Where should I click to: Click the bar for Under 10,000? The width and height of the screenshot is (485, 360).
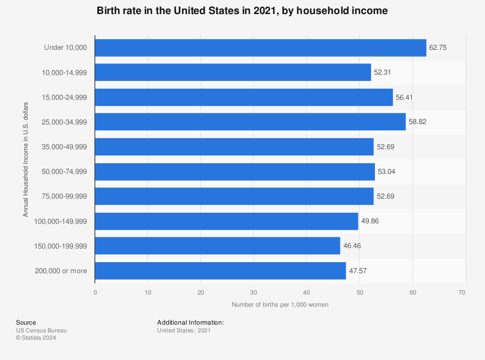click(x=260, y=47)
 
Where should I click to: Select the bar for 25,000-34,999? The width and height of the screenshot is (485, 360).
click(x=250, y=122)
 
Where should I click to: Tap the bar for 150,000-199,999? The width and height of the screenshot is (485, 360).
click(x=217, y=246)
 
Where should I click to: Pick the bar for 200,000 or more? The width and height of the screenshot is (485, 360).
click(x=220, y=271)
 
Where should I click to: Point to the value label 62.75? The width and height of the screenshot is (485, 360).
click(x=437, y=47)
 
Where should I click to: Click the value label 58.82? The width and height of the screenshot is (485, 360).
click(x=417, y=122)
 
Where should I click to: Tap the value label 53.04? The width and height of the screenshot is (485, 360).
click(x=387, y=172)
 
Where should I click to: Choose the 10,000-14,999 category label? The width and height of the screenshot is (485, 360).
click(x=65, y=72)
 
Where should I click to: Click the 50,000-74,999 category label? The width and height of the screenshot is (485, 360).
click(x=65, y=172)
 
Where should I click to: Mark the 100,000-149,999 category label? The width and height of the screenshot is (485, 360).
click(x=61, y=221)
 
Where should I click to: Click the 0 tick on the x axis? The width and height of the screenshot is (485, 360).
click(x=95, y=293)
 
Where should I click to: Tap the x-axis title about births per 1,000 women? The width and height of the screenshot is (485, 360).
click(x=280, y=305)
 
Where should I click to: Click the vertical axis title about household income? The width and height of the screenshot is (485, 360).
click(x=26, y=159)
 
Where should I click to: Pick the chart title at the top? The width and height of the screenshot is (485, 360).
click(x=242, y=11)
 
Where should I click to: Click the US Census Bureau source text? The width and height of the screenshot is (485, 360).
click(x=41, y=330)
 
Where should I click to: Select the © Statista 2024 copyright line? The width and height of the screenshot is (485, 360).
click(x=36, y=338)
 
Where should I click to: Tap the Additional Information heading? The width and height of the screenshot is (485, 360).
click(x=190, y=322)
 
